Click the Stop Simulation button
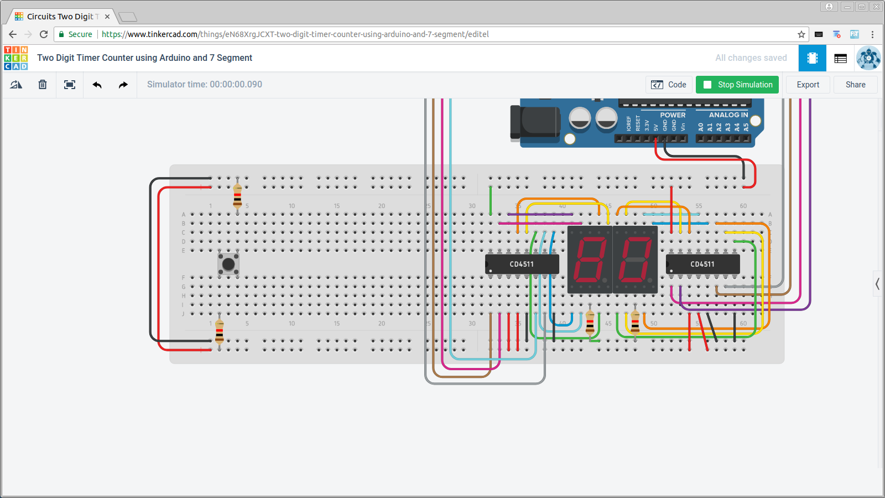(x=737, y=85)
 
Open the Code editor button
(x=669, y=85)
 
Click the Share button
(x=855, y=85)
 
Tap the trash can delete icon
(x=43, y=85)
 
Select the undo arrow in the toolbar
(x=97, y=85)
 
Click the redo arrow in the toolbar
(x=123, y=85)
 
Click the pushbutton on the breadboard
(x=228, y=264)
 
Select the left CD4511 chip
(x=522, y=264)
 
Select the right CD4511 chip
(x=702, y=264)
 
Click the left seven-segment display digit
(x=590, y=259)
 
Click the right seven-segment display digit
(x=635, y=259)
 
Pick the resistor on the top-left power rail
(x=237, y=196)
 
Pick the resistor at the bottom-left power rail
(x=220, y=331)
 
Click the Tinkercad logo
(x=16, y=58)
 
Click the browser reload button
(x=44, y=34)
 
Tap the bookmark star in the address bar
(x=801, y=34)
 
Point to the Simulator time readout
(x=205, y=85)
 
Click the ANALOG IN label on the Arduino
(x=728, y=115)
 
